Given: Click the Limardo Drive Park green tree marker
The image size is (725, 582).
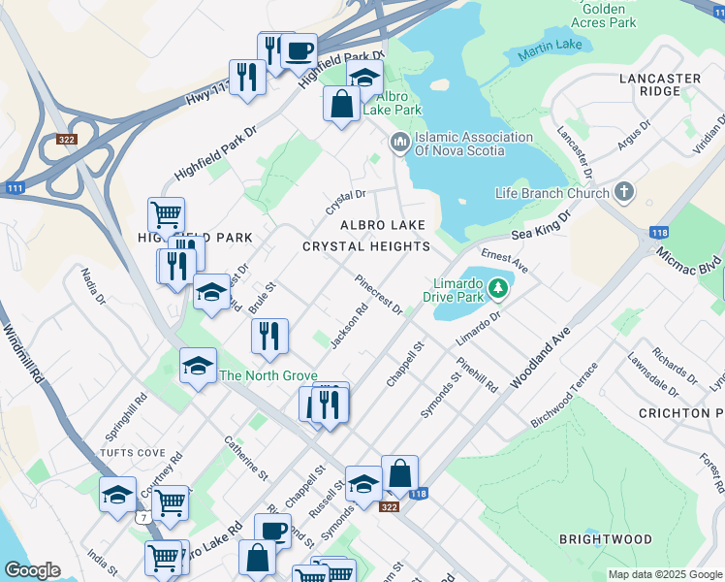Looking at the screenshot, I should (498, 288).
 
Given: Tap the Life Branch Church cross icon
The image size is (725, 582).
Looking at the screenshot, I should (623, 192).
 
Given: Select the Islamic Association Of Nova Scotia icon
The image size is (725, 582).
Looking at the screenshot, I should (398, 144).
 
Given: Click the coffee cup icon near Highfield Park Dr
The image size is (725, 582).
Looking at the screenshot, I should (299, 49).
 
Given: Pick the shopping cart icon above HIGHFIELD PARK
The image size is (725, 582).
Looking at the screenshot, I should (167, 214).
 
